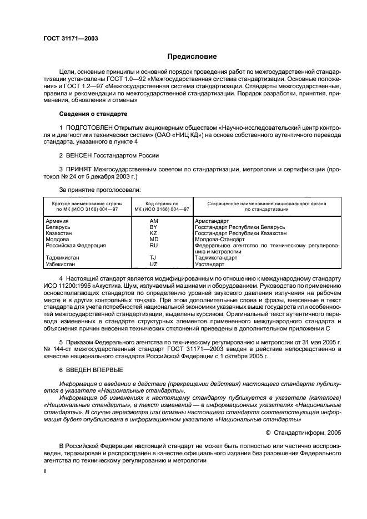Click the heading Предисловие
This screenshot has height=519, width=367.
pos(192,57)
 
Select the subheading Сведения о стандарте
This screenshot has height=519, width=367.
pos(93,114)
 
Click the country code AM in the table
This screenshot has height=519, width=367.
pos(154,221)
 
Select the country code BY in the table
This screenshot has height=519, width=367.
pos(154,227)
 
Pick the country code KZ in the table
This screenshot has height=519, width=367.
pos(154,233)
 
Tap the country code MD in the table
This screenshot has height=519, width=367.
pos(154,240)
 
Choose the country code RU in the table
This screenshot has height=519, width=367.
pos(154,246)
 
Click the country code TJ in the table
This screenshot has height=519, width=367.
pos(154,258)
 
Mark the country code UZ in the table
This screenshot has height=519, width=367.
pos(154,264)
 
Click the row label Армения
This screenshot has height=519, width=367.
pos(57,221)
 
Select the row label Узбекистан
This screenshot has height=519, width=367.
pos(61,264)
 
